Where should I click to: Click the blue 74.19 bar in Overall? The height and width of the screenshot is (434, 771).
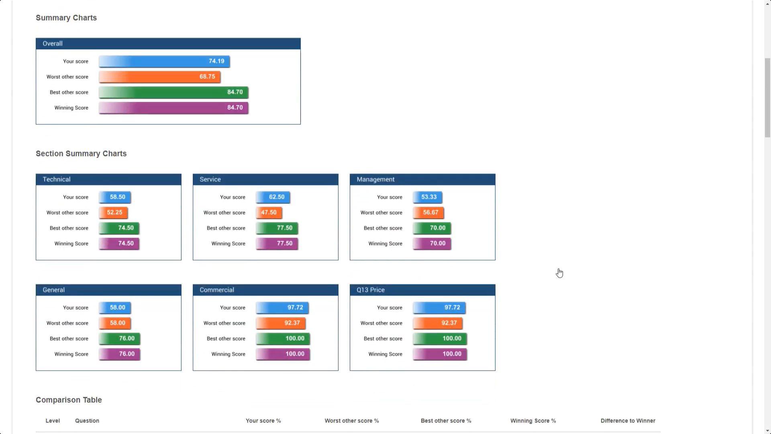(x=164, y=61)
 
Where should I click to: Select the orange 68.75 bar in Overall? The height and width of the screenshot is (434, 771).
(x=159, y=77)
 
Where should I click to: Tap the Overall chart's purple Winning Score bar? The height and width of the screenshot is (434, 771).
(x=173, y=108)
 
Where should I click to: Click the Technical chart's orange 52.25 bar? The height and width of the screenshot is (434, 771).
(x=113, y=213)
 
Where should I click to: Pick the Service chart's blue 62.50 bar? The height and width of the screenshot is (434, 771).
(x=273, y=197)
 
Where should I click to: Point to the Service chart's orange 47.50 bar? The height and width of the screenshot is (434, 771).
(x=269, y=213)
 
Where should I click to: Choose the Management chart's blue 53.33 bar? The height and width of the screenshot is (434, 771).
(x=428, y=197)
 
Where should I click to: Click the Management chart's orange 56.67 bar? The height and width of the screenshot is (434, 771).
(x=428, y=213)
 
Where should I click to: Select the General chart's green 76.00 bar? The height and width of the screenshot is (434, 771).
(x=120, y=339)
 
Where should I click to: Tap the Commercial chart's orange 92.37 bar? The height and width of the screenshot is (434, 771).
(x=281, y=323)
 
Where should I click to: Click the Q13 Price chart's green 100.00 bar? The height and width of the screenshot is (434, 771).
(x=440, y=339)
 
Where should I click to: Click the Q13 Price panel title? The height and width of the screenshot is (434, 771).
(x=371, y=290)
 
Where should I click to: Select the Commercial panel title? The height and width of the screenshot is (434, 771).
(x=217, y=290)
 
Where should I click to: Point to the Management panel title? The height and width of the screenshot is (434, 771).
(x=375, y=180)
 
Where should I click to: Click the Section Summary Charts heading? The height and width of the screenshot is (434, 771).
(x=81, y=154)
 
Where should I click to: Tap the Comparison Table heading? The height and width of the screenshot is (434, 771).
(x=69, y=400)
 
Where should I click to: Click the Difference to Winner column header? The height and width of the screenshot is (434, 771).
(x=628, y=421)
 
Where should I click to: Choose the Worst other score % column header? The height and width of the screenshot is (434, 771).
(x=352, y=421)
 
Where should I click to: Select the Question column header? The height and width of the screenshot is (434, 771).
(x=87, y=421)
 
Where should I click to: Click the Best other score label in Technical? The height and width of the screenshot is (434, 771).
(x=69, y=228)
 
